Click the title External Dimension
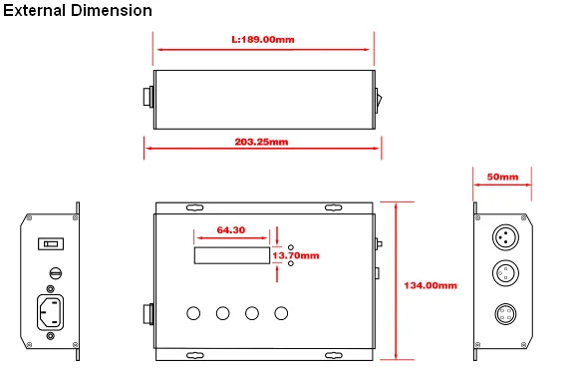(x=77, y=11)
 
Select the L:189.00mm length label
(x=262, y=41)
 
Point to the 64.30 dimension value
(x=230, y=229)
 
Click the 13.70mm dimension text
(x=296, y=255)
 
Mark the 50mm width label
(x=502, y=177)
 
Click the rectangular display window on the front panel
(x=230, y=256)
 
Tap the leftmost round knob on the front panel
(x=192, y=313)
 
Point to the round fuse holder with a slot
(x=55, y=272)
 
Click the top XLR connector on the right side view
(x=503, y=237)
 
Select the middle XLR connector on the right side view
(x=503, y=273)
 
